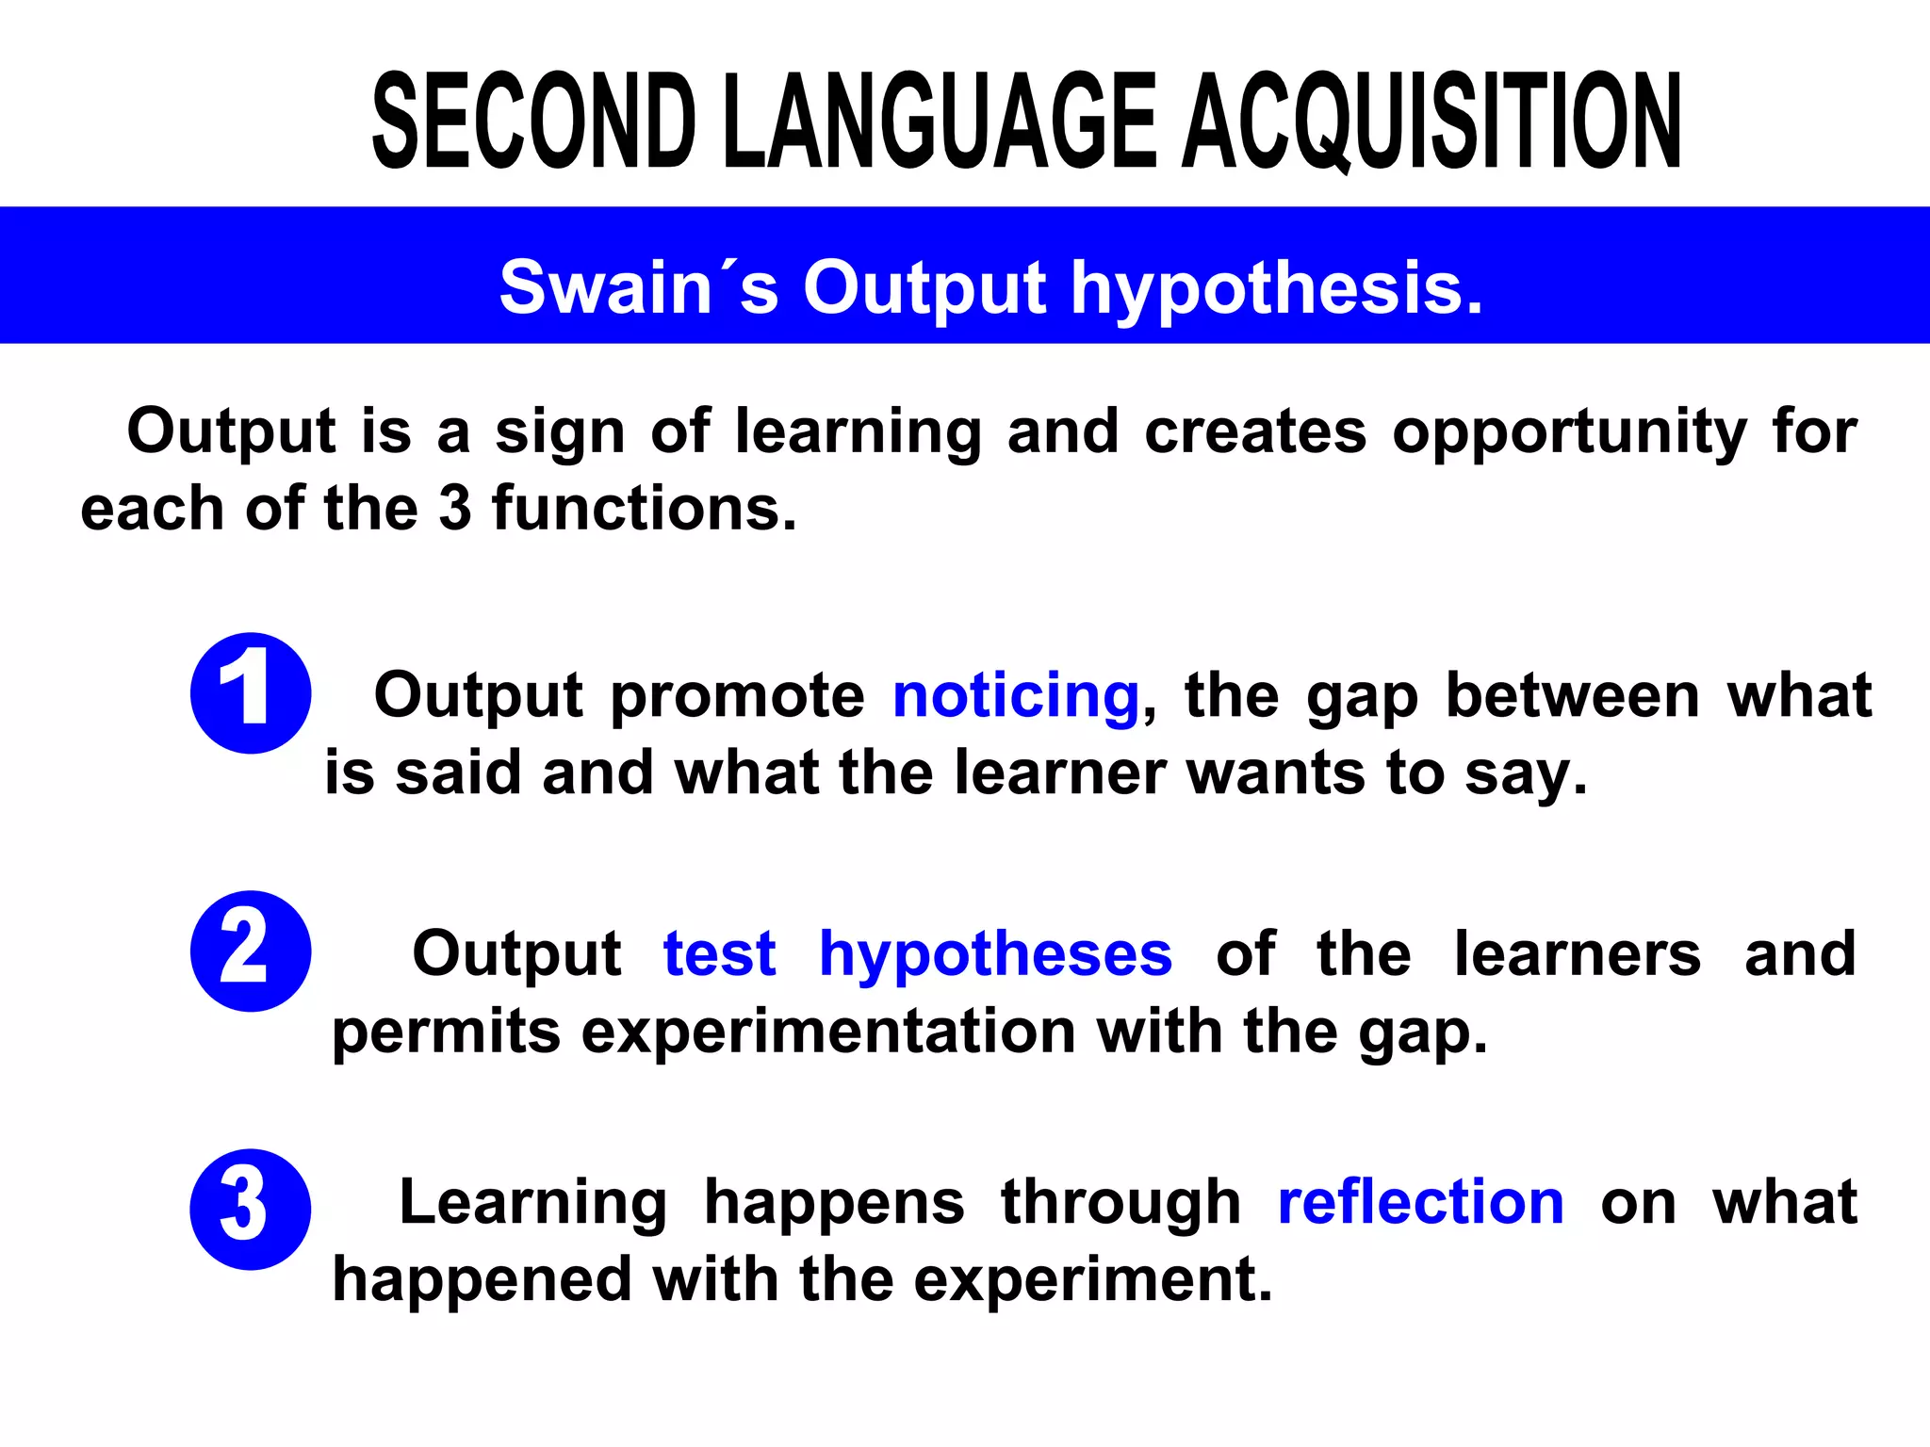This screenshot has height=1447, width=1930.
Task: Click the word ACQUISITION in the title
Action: [x=1432, y=122]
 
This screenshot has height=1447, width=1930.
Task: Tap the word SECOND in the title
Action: [x=534, y=122]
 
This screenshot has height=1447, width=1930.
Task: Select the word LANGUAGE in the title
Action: [x=942, y=122]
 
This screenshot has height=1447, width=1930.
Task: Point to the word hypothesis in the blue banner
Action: [x=1277, y=288]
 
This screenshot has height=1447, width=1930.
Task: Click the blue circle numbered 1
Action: [x=251, y=692]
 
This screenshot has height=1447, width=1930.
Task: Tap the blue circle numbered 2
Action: [x=251, y=951]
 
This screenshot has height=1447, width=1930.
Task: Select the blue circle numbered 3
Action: [x=251, y=1209]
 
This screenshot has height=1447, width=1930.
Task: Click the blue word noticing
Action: [x=1017, y=695]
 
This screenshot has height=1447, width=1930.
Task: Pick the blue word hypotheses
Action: [x=996, y=955]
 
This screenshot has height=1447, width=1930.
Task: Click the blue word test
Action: [x=720, y=953]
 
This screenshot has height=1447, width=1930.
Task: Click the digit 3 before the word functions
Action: [x=455, y=509]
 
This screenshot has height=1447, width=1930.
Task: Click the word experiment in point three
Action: [x=1093, y=1281]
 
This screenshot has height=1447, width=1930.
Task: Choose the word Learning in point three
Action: [x=533, y=1203]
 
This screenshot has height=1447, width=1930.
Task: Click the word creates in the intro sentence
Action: [x=1255, y=431]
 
